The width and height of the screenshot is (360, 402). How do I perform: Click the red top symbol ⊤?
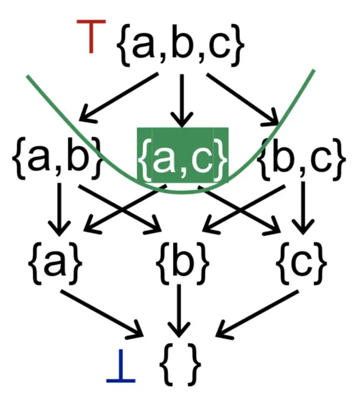point(90,37)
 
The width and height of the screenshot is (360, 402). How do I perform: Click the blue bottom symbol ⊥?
point(121,370)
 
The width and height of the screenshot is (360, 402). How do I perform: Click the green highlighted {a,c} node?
point(182,154)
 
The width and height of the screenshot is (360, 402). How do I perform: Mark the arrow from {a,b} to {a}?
point(59,208)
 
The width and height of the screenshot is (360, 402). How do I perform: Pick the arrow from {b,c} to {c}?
point(304,208)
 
